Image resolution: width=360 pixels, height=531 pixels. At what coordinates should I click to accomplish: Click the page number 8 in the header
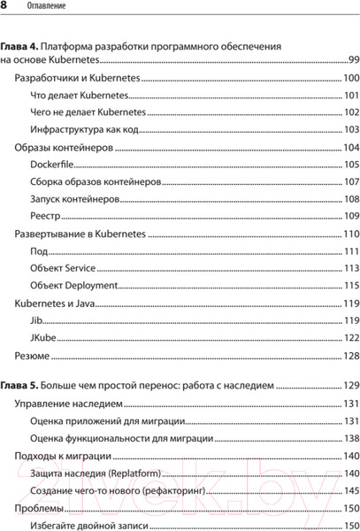tap(5, 9)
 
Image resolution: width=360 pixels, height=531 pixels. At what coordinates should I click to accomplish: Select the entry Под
tap(38, 251)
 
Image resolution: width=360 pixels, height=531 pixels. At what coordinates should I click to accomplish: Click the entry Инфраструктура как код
tap(85, 130)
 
